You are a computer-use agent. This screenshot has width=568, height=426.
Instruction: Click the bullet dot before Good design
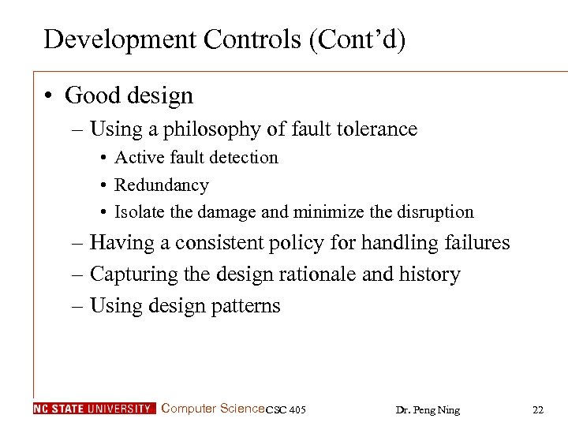coord(49,96)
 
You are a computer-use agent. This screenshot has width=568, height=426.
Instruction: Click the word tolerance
coord(372,129)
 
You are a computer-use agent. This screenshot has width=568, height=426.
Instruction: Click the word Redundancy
coord(162,185)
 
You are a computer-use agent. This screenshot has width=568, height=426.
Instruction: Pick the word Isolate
coord(140,212)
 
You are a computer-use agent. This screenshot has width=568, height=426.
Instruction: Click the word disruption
coord(435,212)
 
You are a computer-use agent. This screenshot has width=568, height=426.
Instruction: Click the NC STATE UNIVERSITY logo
coord(94,409)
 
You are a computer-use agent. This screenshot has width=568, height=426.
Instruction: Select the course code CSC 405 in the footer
coord(286,409)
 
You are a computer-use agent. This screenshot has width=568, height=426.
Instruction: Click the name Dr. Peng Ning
coord(428,409)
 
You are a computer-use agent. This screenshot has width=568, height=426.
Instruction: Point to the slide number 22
coord(538,409)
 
